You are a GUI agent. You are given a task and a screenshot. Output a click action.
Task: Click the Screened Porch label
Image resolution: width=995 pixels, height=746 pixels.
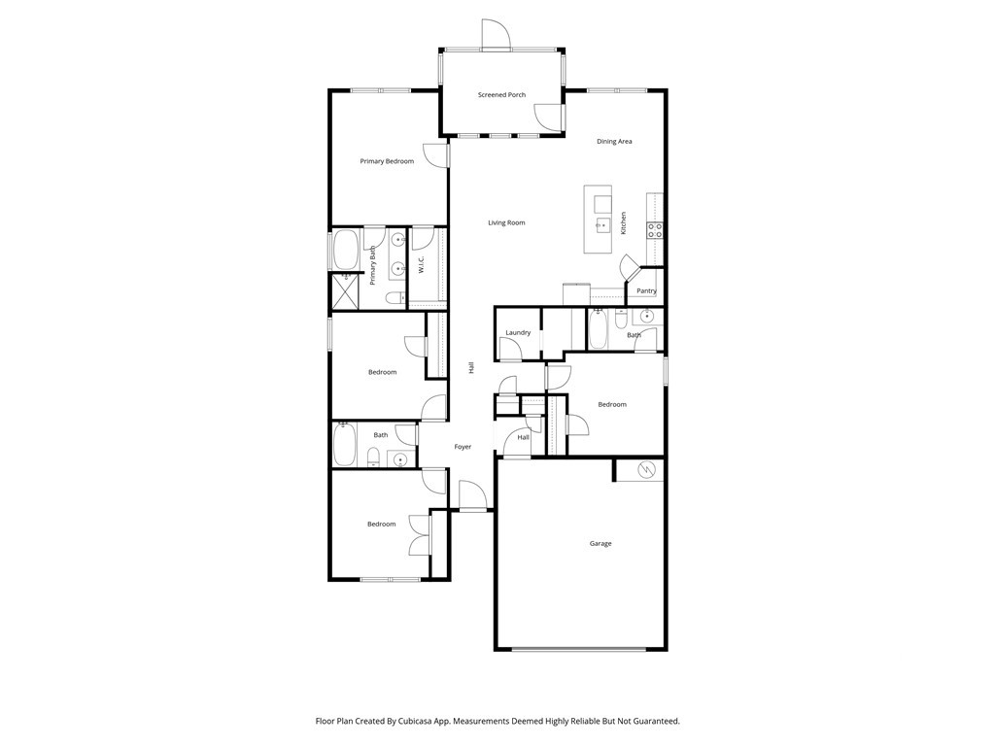pyautogui.click(x=501, y=95)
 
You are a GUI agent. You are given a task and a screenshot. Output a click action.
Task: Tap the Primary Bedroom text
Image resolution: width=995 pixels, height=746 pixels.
pyautogui.click(x=387, y=161)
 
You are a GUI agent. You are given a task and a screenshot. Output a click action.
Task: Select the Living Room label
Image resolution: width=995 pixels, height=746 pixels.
pyautogui.click(x=506, y=222)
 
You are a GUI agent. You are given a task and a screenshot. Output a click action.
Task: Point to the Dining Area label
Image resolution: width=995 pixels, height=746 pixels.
pyautogui.click(x=614, y=142)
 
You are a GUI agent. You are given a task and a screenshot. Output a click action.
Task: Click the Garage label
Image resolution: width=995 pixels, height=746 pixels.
pyautogui.click(x=600, y=544)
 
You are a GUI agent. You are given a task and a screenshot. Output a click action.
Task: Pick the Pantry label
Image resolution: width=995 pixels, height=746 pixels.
pyautogui.click(x=646, y=291)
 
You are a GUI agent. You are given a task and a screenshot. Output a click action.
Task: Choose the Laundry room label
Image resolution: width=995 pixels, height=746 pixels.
pyautogui.click(x=518, y=332)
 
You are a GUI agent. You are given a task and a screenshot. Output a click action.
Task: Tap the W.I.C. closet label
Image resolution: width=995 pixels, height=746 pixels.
pyautogui.click(x=421, y=264)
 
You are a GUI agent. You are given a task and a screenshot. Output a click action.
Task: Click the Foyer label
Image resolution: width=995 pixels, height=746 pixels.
pyautogui.click(x=463, y=447)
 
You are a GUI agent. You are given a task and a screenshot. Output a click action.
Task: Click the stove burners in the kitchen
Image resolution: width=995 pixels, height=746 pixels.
pyautogui.click(x=655, y=230)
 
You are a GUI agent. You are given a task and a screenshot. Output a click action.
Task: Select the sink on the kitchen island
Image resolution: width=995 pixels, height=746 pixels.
pyautogui.click(x=602, y=224)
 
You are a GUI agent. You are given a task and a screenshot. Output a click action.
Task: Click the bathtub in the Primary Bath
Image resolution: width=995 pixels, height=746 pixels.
pyautogui.click(x=346, y=250)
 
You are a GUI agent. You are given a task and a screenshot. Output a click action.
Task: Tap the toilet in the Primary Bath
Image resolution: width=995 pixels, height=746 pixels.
pyautogui.click(x=395, y=297)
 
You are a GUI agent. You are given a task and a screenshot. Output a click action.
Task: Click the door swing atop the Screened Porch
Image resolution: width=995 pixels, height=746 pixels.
pyautogui.click(x=496, y=33)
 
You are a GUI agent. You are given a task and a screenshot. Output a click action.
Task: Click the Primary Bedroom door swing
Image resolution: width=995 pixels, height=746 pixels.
pyautogui.click(x=436, y=156)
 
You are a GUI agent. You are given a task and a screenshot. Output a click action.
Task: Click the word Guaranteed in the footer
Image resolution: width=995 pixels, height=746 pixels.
pyautogui.click(x=657, y=722)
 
